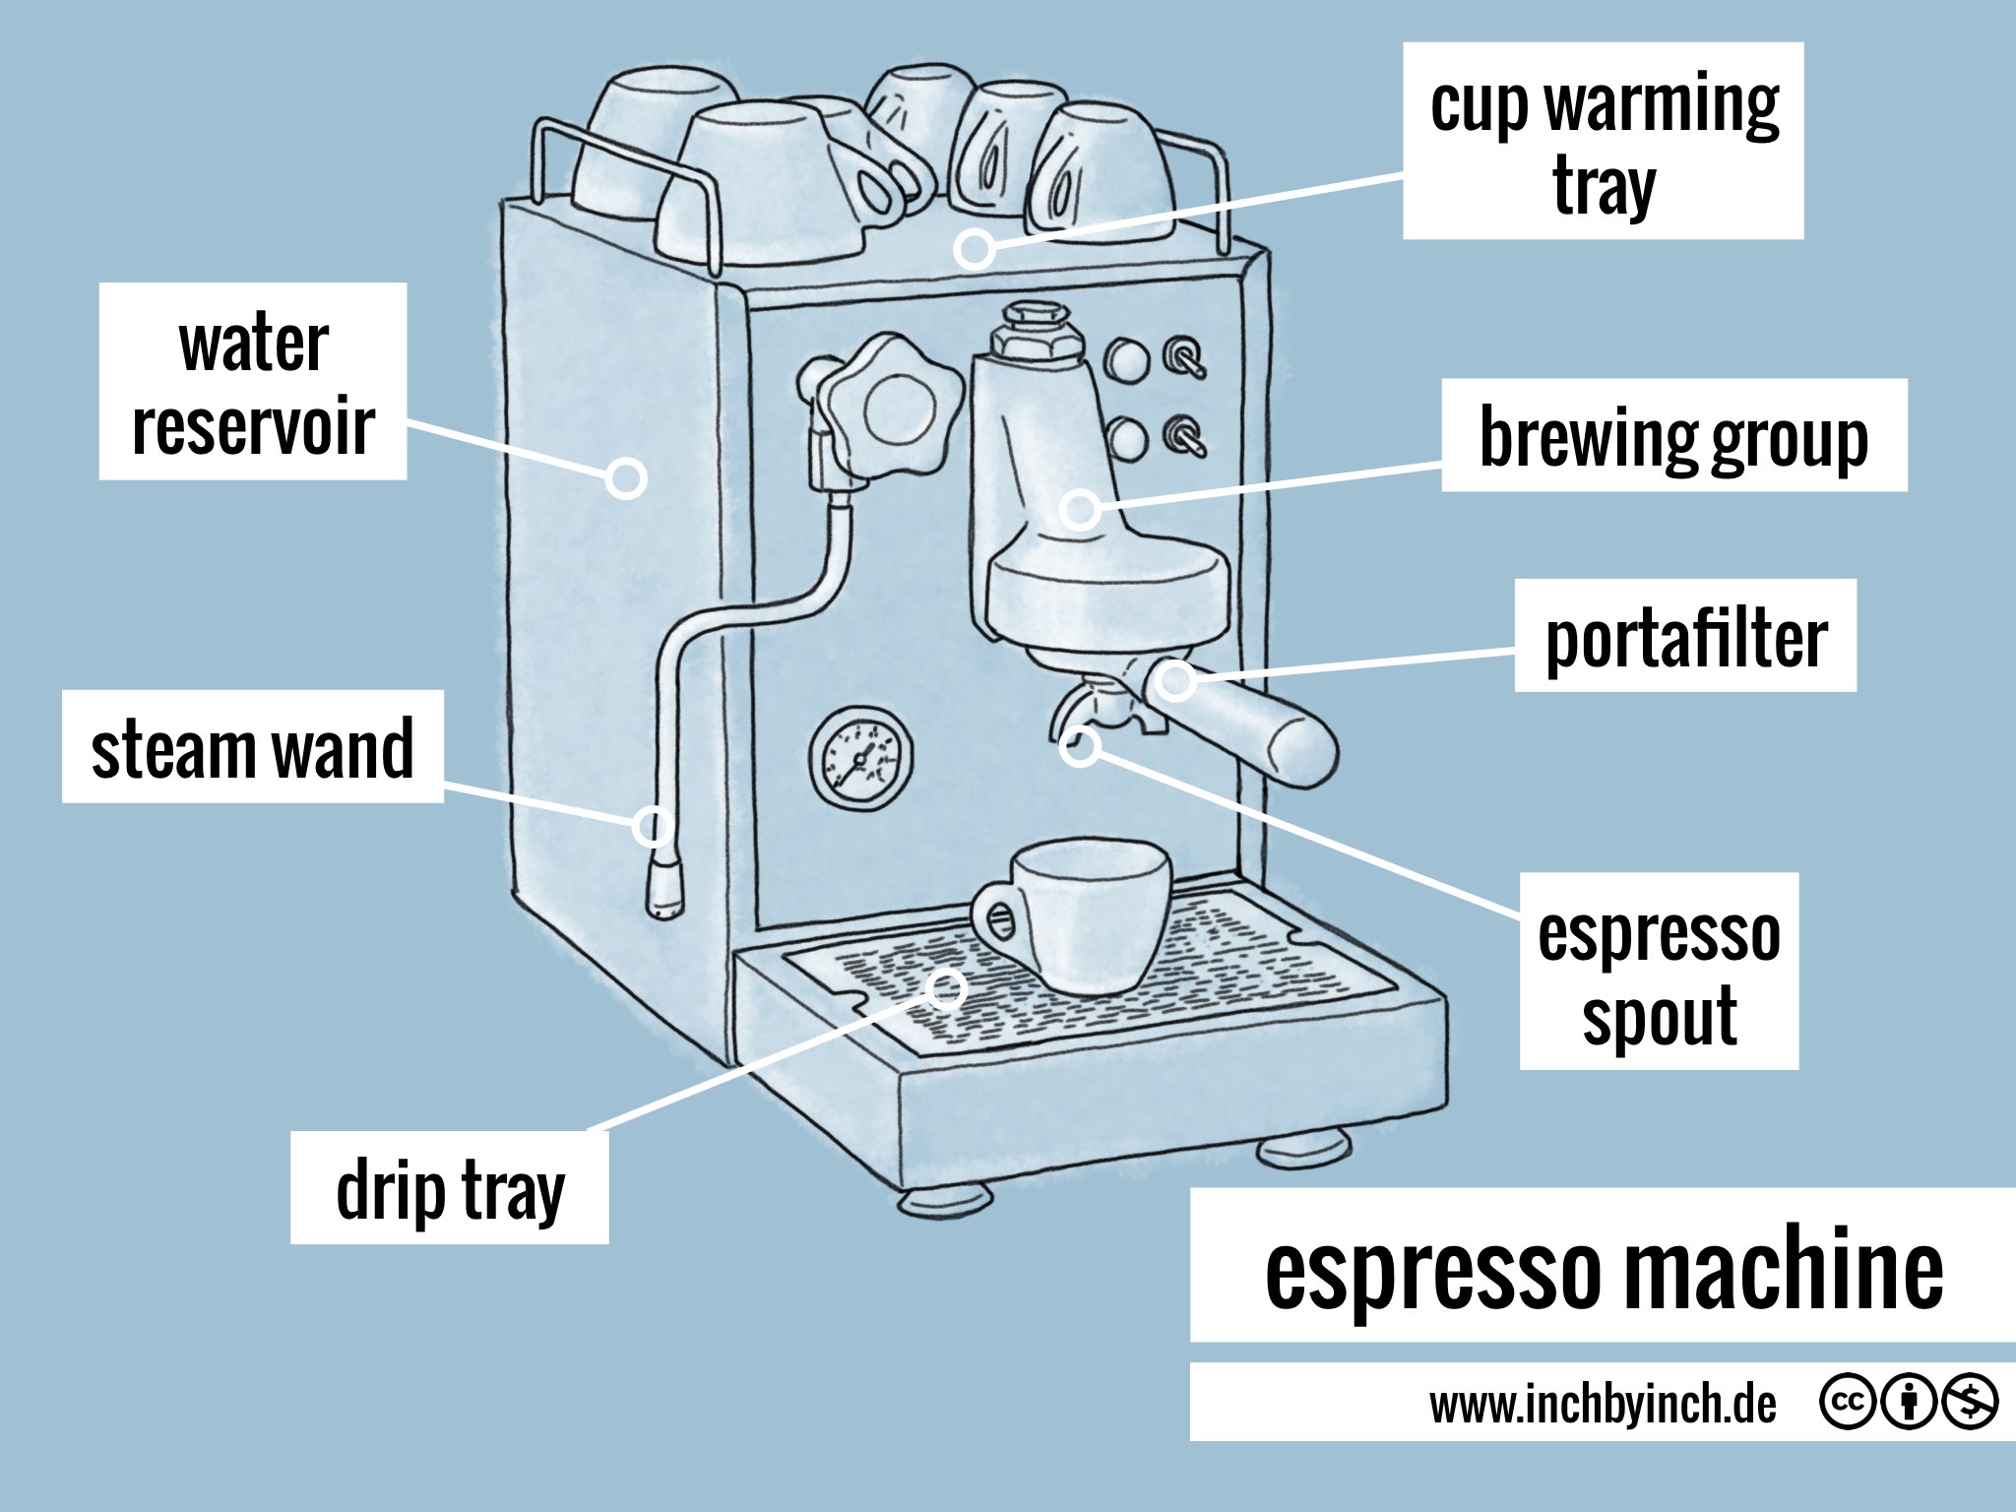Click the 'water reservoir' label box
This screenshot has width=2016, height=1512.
(x=253, y=382)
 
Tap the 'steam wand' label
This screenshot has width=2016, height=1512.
(x=253, y=747)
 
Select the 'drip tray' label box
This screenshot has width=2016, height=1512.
(x=449, y=1188)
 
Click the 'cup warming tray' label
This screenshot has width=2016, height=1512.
(x=1603, y=141)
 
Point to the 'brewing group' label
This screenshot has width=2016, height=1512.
(x=1673, y=435)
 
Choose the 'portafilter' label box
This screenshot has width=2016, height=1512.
(x=1685, y=636)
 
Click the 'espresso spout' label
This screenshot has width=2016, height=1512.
(x=1659, y=972)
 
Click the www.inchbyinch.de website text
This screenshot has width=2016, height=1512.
(x=1603, y=1404)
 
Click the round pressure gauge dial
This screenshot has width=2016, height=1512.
(x=860, y=758)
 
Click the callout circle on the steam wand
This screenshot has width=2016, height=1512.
(x=652, y=825)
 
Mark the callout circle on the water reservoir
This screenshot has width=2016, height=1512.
(x=625, y=479)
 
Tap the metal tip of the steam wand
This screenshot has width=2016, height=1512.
(x=663, y=888)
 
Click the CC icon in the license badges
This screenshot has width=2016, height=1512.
(x=1846, y=1402)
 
